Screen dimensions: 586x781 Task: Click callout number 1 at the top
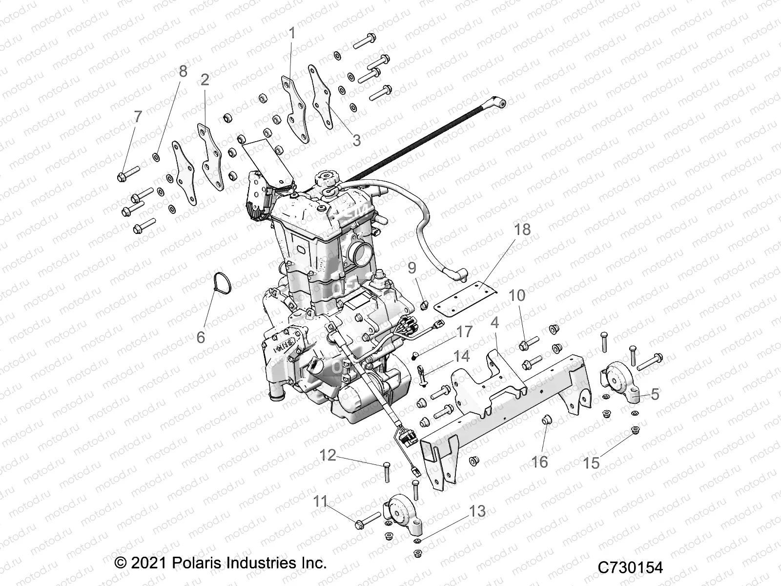[292, 34]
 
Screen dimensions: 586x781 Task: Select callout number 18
[522, 229]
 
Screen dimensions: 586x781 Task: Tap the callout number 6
[201, 337]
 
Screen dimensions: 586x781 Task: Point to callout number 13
[478, 511]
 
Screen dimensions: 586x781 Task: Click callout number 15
[592, 463]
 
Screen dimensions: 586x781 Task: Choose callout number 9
[412, 268]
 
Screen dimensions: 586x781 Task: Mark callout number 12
[328, 455]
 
